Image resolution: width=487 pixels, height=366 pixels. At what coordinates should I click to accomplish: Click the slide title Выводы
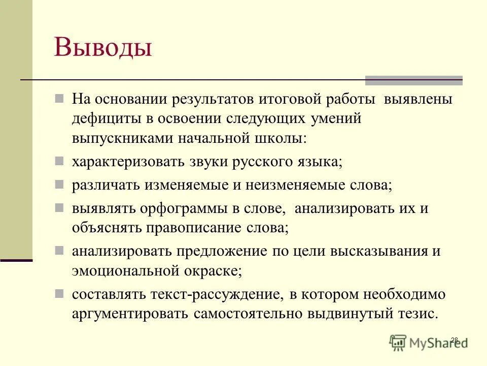coord(103,48)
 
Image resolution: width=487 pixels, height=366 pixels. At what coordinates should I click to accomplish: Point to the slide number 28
coord(454,340)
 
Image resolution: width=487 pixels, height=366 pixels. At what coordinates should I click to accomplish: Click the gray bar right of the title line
coord(414,80)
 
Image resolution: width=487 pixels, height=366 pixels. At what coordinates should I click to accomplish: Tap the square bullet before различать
coord(60,184)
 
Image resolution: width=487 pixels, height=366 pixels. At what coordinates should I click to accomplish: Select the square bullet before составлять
coord(60,293)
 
